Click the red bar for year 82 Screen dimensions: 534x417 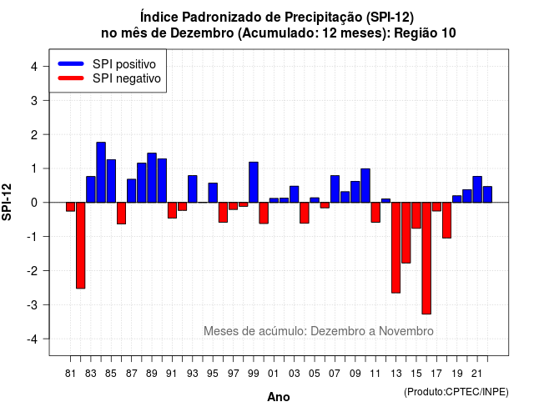81,245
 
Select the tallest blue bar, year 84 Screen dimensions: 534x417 101,173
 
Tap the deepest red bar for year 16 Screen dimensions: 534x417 426,259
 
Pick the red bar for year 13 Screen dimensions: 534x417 395,248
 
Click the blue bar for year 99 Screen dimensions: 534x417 254,182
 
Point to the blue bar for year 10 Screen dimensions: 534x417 365,185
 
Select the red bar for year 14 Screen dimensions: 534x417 406,233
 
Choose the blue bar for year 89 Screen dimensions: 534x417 152,178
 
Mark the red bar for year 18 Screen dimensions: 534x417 447,220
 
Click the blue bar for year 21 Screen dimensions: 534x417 477,189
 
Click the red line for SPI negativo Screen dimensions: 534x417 71,78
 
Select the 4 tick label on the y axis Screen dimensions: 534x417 34,67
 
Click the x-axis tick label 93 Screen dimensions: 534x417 193,374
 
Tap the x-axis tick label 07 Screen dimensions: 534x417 335,374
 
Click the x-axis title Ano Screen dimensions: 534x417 279,397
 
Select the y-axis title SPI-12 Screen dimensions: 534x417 7,202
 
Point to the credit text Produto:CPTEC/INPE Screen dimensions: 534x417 456,392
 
